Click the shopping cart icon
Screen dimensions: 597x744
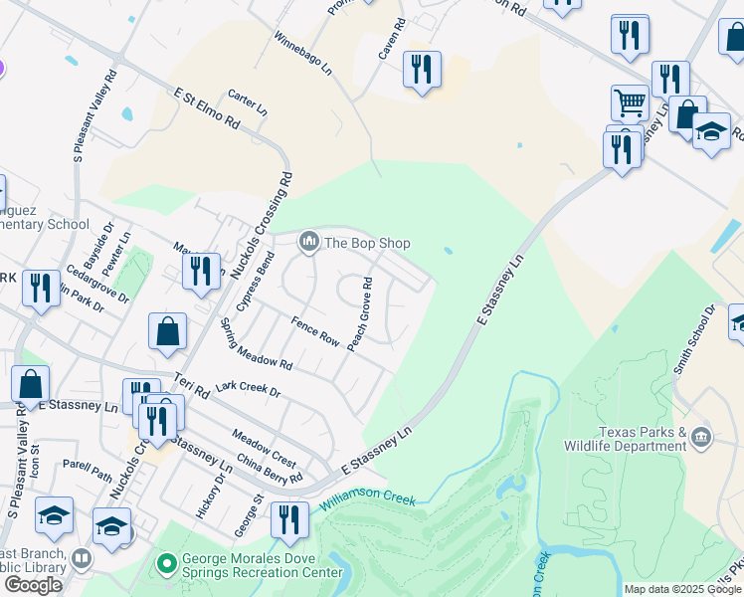click(x=630, y=101)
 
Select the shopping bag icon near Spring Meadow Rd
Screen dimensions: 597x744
click(x=167, y=332)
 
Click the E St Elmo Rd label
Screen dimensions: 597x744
click(x=207, y=108)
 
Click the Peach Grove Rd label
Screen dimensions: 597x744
click(x=360, y=312)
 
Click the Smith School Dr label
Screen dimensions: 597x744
click(x=695, y=339)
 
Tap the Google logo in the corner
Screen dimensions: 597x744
click(x=33, y=585)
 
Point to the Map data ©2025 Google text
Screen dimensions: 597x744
click(x=682, y=589)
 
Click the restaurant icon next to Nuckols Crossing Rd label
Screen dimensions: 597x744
click(x=201, y=272)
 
